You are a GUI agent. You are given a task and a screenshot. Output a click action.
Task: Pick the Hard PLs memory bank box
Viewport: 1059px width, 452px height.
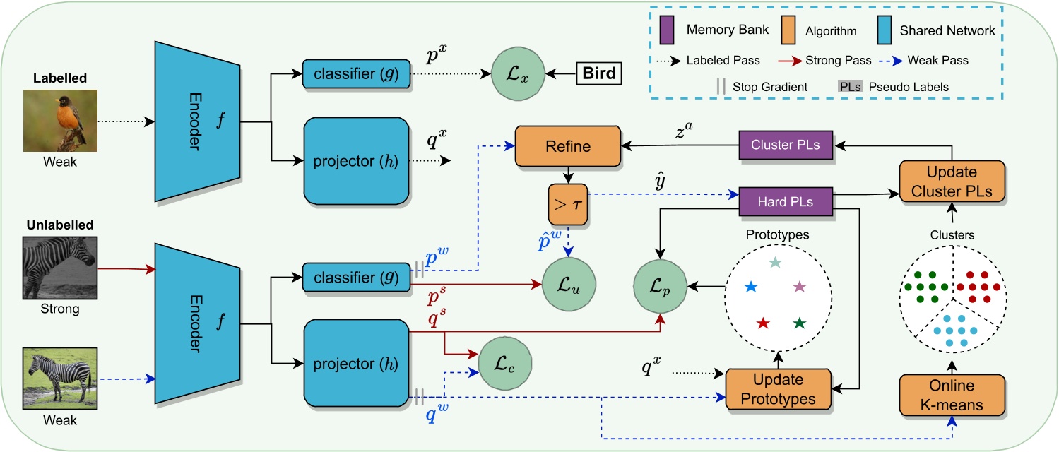coord(784,201)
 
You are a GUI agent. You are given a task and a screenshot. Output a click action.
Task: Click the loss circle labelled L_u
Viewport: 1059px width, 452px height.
coord(568,286)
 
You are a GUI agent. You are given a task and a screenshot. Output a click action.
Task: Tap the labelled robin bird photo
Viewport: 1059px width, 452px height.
coord(55,120)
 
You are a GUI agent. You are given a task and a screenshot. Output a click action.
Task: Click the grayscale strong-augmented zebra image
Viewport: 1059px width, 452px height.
coord(55,270)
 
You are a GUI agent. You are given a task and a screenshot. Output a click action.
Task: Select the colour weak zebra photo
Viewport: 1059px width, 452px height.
coord(55,378)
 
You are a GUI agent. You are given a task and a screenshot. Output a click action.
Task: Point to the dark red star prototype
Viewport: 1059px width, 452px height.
coord(763,323)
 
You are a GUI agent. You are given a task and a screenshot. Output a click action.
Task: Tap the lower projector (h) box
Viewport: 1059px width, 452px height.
coord(357,364)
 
